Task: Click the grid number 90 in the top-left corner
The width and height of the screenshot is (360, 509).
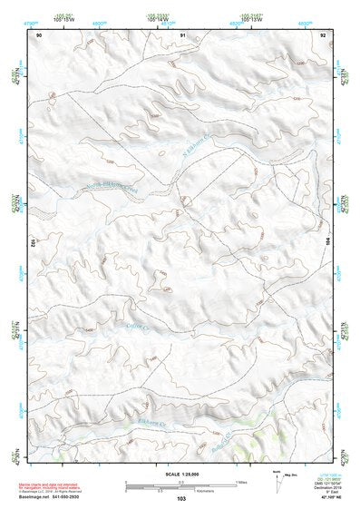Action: tap(39, 34)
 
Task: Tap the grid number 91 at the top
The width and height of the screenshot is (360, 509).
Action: tap(182, 34)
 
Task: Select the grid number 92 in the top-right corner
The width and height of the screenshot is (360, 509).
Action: tap(324, 34)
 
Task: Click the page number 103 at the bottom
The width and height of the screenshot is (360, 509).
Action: tap(181, 499)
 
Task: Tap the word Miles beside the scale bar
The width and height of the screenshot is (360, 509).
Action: tap(241, 481)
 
